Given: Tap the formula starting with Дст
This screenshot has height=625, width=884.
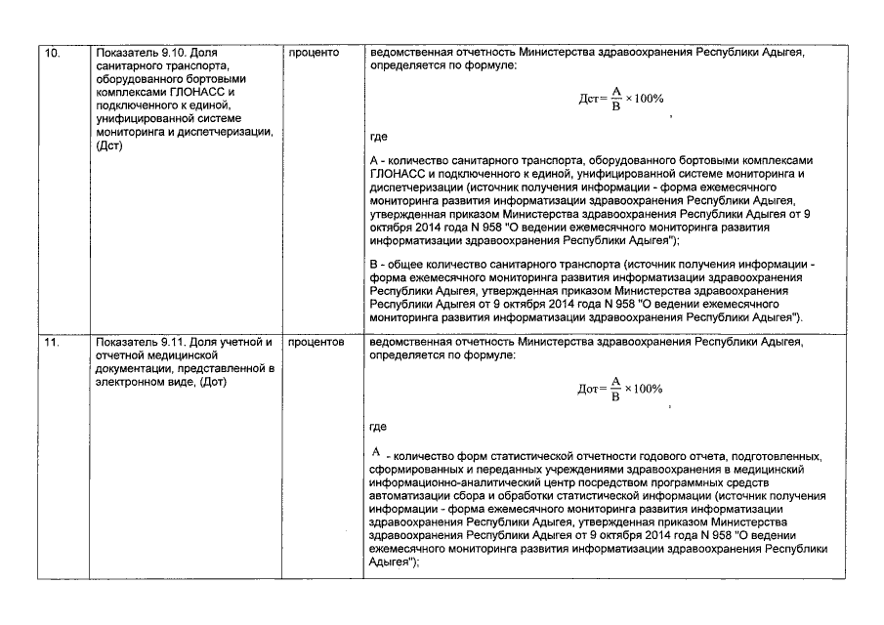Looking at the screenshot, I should point(619,100).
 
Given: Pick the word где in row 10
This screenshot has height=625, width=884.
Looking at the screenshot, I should point(379,139).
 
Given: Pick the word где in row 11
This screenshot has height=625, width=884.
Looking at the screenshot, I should point(379,427).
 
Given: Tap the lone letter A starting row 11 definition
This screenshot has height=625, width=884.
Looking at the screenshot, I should point(375,453).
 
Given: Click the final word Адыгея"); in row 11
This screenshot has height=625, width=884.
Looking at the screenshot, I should point(396,562).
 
